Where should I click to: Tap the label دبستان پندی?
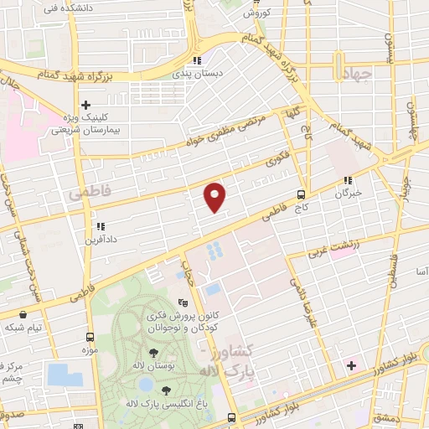pyautogui.click(x=197, y=74)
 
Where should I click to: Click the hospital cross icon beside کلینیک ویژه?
pyautogui.click(x=85, y=104)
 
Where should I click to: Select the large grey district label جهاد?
pyautogui.click(x=355, y=75)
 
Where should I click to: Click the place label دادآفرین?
pyautogui.click(x=100, y=239)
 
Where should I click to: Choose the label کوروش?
pyautogui.click(x=254, y=13)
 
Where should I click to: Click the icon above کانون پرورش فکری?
pyautogui.click(x=183, y=303)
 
